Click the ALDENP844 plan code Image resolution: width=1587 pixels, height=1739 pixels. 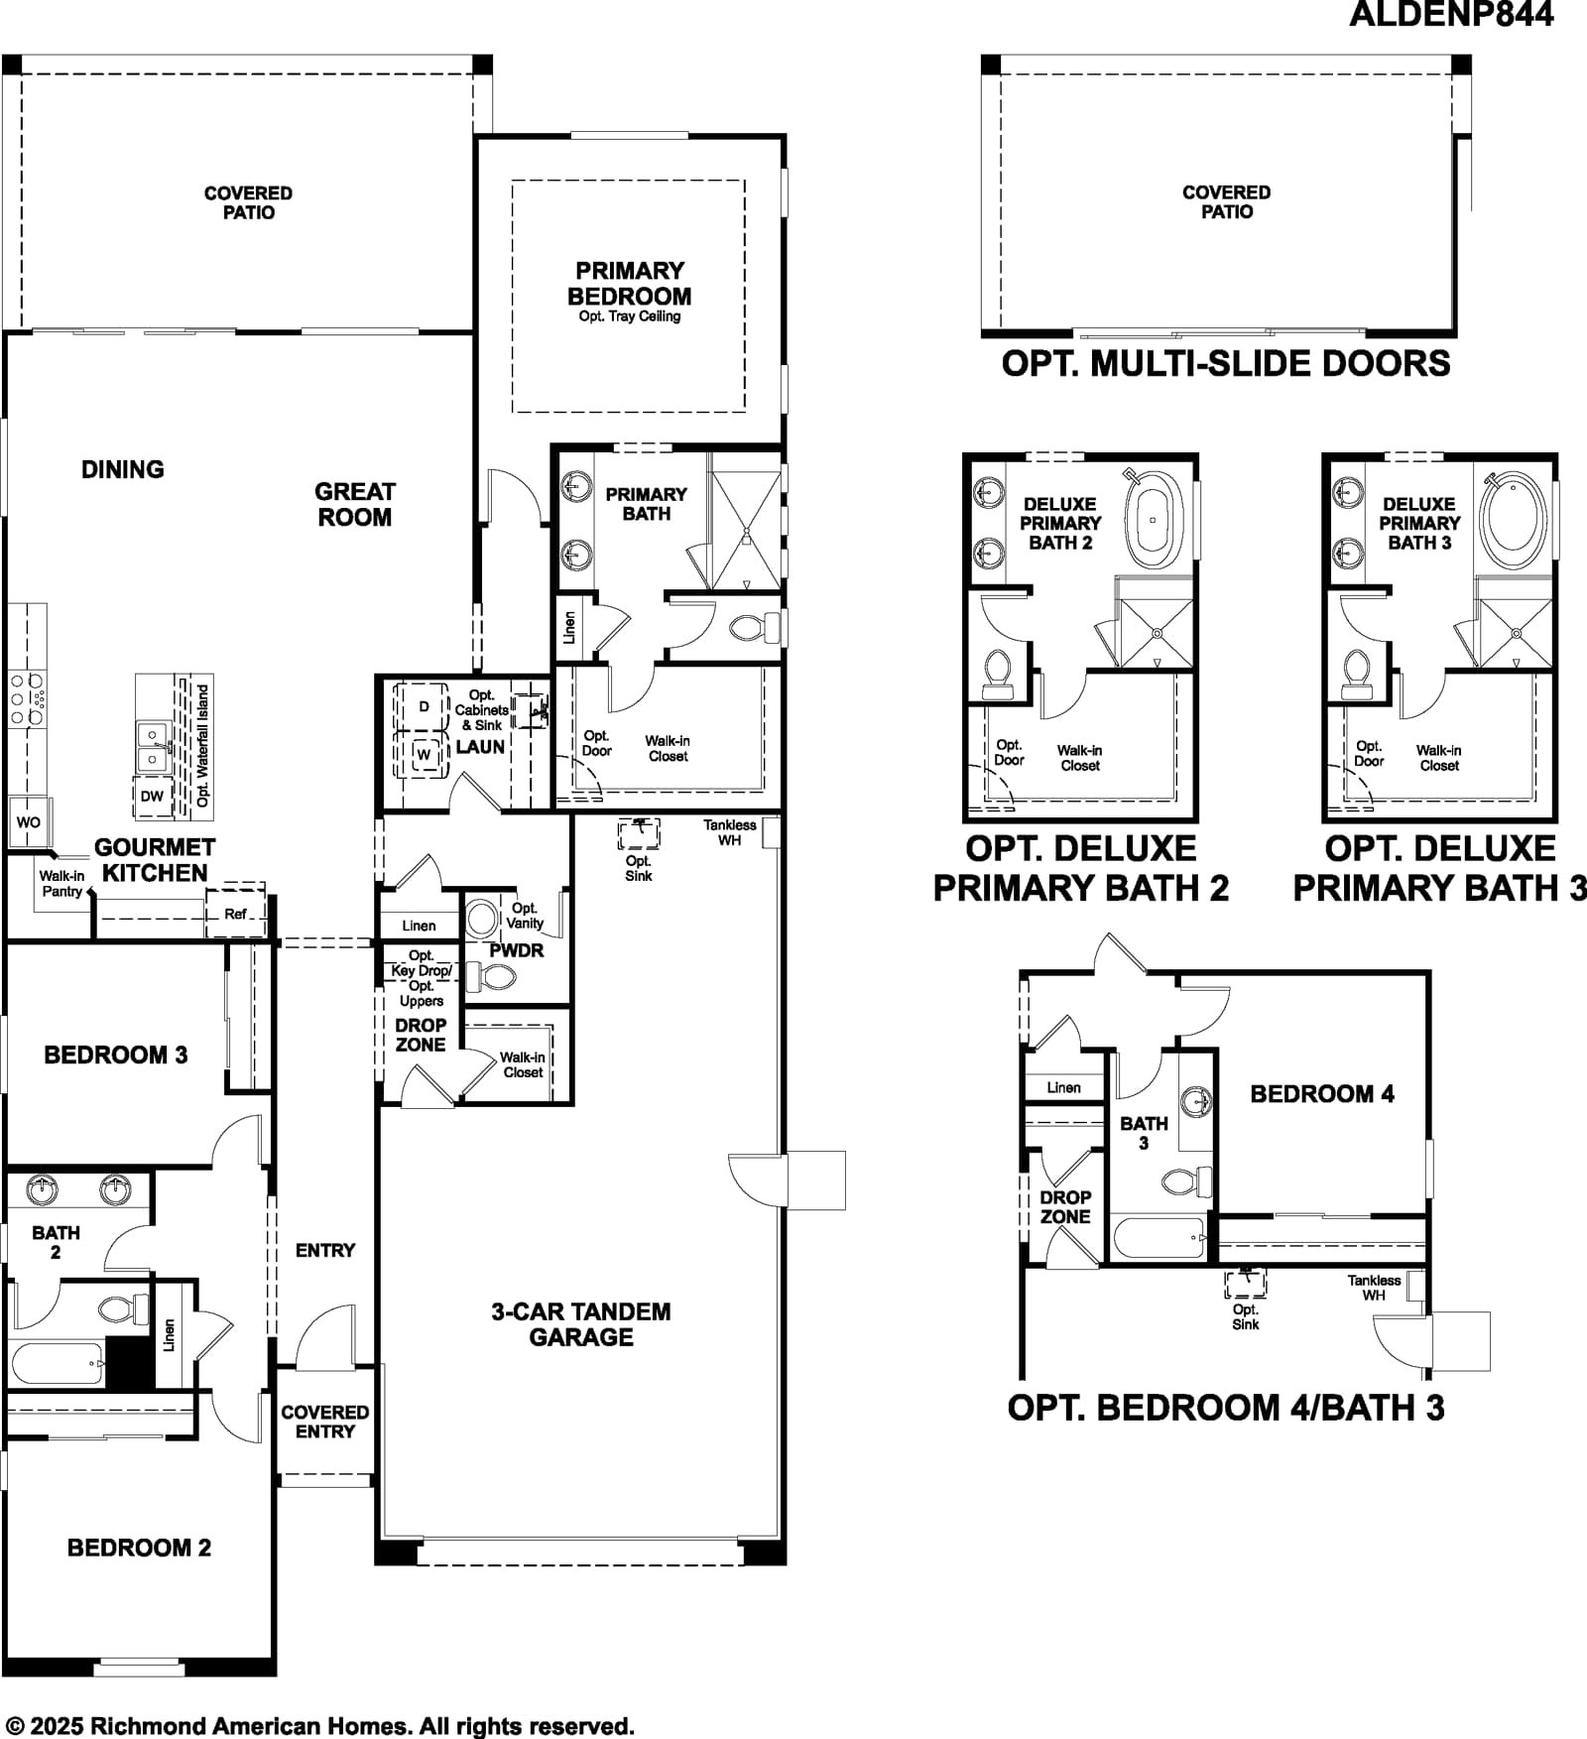[1451, 14]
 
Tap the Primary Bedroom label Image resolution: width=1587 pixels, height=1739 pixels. [629, 284]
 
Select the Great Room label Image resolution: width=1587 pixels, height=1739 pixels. [354, 504]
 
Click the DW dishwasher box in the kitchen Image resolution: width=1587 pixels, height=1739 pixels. [152, 797]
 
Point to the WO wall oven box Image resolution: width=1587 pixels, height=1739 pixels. [28, 822]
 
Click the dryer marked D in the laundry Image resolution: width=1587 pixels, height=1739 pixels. [423, 706]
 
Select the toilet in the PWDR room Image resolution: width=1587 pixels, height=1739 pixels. [491, 979]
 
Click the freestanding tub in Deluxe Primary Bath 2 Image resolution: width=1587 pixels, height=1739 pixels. [1154, 518]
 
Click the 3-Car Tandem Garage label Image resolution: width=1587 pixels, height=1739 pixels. [581, 1324]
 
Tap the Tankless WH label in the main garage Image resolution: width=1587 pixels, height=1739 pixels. [730, 832]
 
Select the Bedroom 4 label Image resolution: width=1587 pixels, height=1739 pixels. [1322, 1094]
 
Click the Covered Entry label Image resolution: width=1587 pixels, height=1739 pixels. [325, 1422]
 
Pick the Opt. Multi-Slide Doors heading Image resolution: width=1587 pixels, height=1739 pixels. [1226, 364]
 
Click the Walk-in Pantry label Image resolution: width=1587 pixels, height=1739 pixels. [61, 884]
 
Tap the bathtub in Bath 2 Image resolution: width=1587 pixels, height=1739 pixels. [57, 1364]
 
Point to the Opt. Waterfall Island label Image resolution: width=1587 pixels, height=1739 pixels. [203, 745]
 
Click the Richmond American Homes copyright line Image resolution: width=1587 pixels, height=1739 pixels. [320, 1727]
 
